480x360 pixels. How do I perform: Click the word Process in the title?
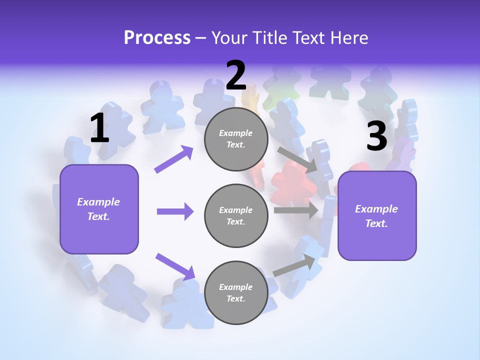tap(157, 37)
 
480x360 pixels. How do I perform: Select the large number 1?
tap(99, 128)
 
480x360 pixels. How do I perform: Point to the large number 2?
tap(236, 75)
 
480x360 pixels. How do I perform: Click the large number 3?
tap(376, 136)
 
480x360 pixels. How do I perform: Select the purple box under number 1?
tap(99, 209)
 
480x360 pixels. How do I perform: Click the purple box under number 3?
tap(377, 216)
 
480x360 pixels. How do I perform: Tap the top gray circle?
tap(236, 139)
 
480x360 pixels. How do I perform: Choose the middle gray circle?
tap(236, 215)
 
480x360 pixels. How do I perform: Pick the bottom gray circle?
tap(236, 292)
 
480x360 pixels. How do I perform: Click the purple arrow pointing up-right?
tap(174, 159)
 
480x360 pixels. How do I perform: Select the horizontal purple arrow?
tap(175, 211)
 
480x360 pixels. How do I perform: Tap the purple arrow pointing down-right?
tap(175, 266)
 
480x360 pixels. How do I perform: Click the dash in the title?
tap(200, 38)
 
